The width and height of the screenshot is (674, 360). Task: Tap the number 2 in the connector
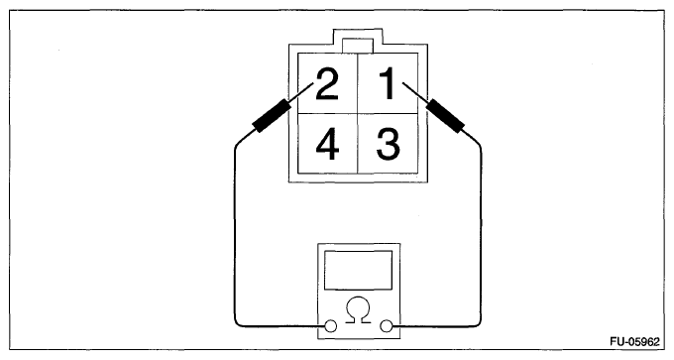(x=327, y=84)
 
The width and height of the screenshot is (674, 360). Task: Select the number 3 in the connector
(x=389, y=144)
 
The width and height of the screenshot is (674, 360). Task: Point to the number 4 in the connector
(x=327, y=144)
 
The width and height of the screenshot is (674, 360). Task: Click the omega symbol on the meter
(x=358, y=309)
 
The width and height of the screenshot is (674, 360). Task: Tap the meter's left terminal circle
(x=330, y=326)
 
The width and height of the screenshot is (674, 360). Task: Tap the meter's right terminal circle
(x=387, y=326)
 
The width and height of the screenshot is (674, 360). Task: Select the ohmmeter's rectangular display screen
(x=358, y=270)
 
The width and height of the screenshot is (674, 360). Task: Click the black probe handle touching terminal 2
(x=271, y=115)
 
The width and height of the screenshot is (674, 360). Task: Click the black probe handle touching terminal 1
(x=447, y=115)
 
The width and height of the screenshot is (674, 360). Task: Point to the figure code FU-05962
(x=634, y=342)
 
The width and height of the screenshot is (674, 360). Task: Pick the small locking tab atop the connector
(x=358, y=46)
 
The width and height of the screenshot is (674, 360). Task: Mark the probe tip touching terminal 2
(x=312, y=83)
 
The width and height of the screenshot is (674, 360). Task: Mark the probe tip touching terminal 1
(x=403, y=83)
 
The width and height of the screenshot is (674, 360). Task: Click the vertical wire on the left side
(x=235, y=234)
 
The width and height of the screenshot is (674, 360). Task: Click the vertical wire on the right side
(x=481, y=234)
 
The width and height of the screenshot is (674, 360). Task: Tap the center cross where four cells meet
(x=358, y=113)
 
